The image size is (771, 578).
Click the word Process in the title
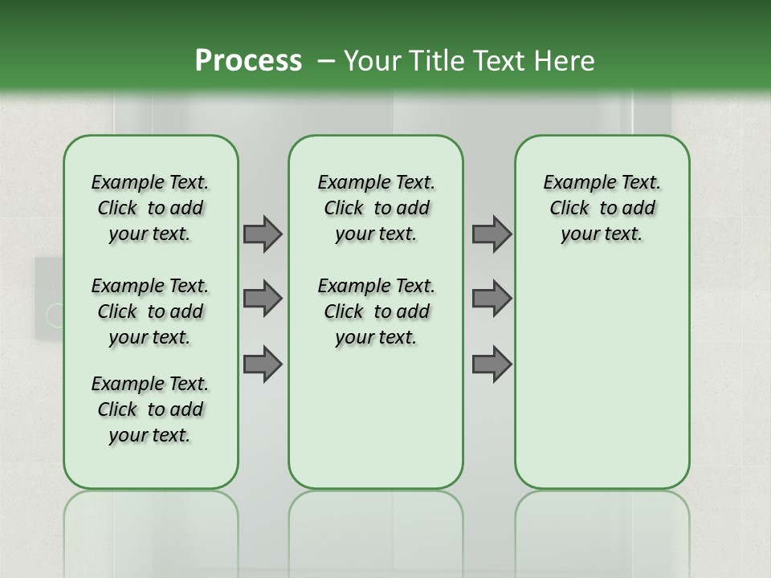coord(248,61)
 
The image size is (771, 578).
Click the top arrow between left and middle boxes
coord(262,234)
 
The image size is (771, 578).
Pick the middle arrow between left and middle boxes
coord(262,299)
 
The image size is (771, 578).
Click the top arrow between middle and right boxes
coord(492,234)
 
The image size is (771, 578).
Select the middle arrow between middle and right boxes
coord(492,299)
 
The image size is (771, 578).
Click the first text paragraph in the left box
coord(150,208)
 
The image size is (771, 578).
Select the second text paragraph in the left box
coord(150,311)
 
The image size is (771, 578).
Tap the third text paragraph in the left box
coord(150,409)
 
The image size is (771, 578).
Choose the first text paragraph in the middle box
coord(376,208)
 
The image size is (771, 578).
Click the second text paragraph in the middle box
coord(376,311)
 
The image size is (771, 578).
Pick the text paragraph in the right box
coord(602,208)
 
